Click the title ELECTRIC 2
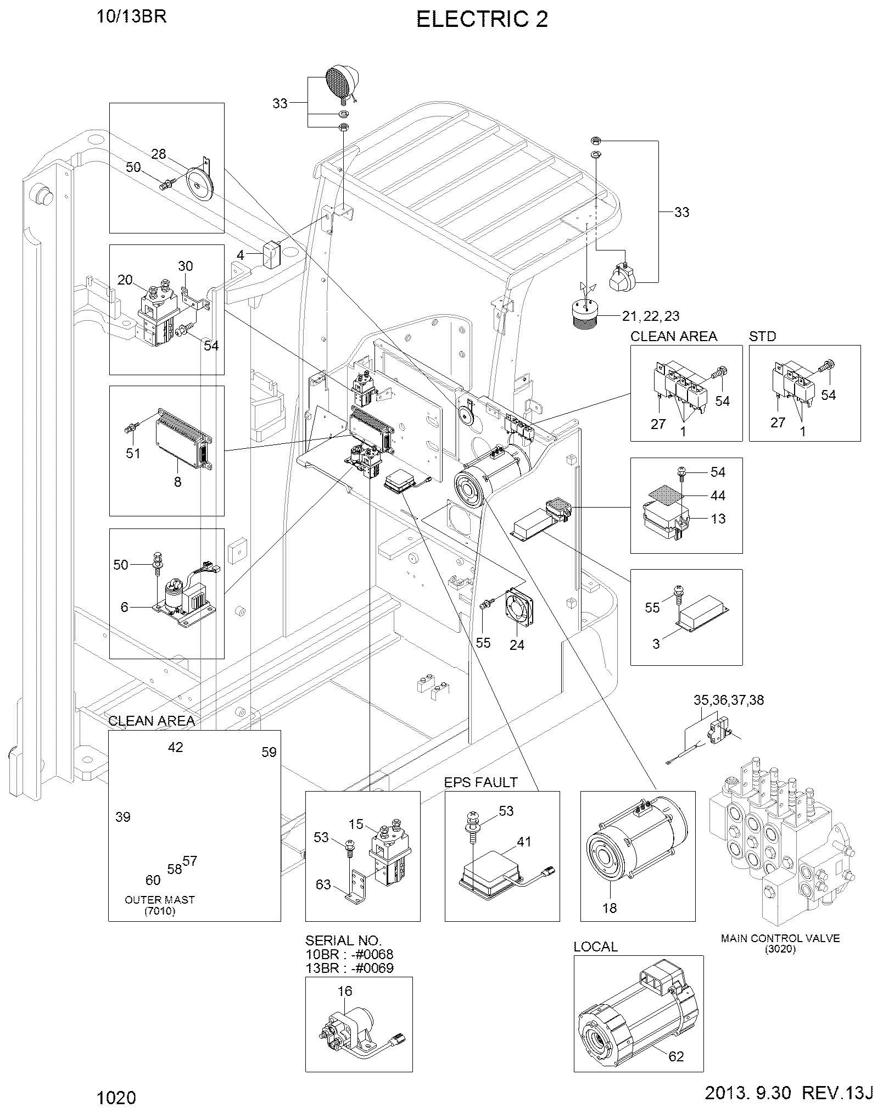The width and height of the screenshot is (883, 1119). (x=482, y=20)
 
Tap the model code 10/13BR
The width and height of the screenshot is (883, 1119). (x=132, y=16)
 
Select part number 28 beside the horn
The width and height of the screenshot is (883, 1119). (x=159, y=154)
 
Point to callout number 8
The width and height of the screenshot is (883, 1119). (x=177, y=482)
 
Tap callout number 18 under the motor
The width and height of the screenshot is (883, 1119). (x=610, y=908)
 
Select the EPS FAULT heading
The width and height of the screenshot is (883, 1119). (x=481, y=781)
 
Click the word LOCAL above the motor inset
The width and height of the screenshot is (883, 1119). (x=596, y=947)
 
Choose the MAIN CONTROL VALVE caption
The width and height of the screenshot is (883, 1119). (x=780, y=938)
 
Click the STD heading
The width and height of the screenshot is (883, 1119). (x=763, y=336)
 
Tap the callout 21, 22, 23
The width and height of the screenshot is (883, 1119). (x=651, y=316)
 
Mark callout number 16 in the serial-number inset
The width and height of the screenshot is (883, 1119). (x=345, y=991)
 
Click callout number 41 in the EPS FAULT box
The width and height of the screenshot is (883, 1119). (x=524, y=841)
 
